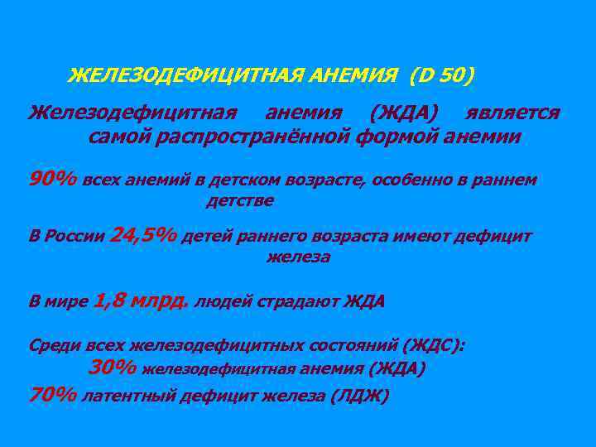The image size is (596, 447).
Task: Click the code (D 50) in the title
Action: pyautogui.click(x=440, y=77)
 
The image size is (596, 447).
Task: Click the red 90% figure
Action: pyautogui.click(x=54, y=179)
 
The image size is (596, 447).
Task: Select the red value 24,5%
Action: pyautogui.click(x=143, y=236)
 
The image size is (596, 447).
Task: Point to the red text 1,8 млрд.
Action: pyautogui.click(x=142, y=300)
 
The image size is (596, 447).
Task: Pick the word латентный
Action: pyautogui.click(x=132, y=396)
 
